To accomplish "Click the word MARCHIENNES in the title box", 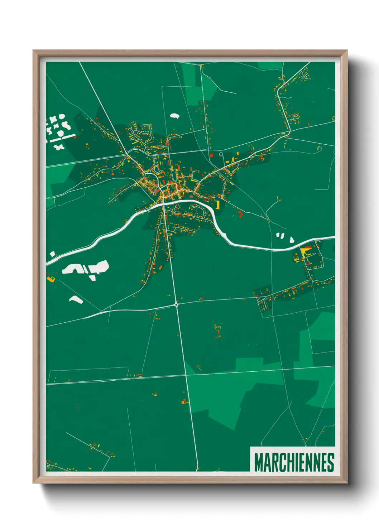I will click(x=294, y=462).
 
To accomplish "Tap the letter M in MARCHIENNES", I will click(x=258, y=462).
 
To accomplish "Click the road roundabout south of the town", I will click(x=176, y=305).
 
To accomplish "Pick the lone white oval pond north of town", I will click(x=174, y=116).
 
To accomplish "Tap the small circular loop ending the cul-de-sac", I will click(x=221, y=155).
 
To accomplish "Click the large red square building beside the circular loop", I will click(x=211, y=155).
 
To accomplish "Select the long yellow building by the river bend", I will click(x=217, y=204).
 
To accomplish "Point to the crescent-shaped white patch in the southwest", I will click(x=76, y=299).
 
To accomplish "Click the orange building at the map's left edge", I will click(x=50, y=278).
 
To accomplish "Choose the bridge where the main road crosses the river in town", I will click(x=163, y=204).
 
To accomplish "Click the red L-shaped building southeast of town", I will click(x=240, y=214).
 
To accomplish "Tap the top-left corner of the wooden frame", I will click(x=34, y=51).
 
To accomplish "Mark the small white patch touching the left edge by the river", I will click(x=52, y=254).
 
